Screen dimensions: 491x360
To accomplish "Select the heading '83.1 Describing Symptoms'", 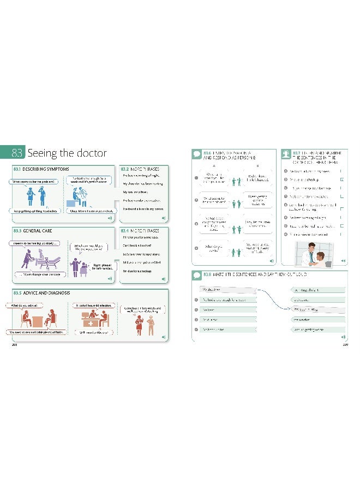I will (x=41, y=169).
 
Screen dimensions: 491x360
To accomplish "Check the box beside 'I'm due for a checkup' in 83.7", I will (x=341, y=178).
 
